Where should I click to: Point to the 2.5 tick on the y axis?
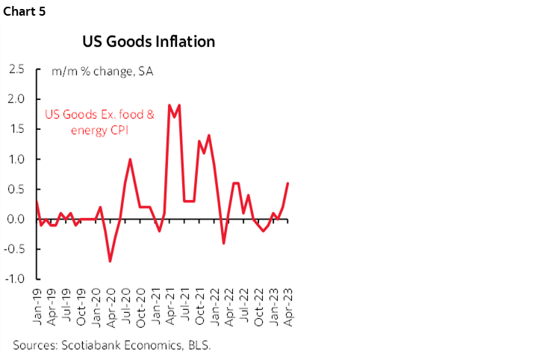16,69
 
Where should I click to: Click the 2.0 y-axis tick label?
16,99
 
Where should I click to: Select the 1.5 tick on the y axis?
16,129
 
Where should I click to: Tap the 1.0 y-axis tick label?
16,159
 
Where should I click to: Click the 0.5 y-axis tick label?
16,190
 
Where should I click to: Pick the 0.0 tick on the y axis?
16,220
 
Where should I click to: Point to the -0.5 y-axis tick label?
15,249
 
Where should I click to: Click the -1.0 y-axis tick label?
15,279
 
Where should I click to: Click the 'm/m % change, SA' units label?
102,72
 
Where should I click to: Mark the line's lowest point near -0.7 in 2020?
110,261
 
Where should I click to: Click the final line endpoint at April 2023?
288,183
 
